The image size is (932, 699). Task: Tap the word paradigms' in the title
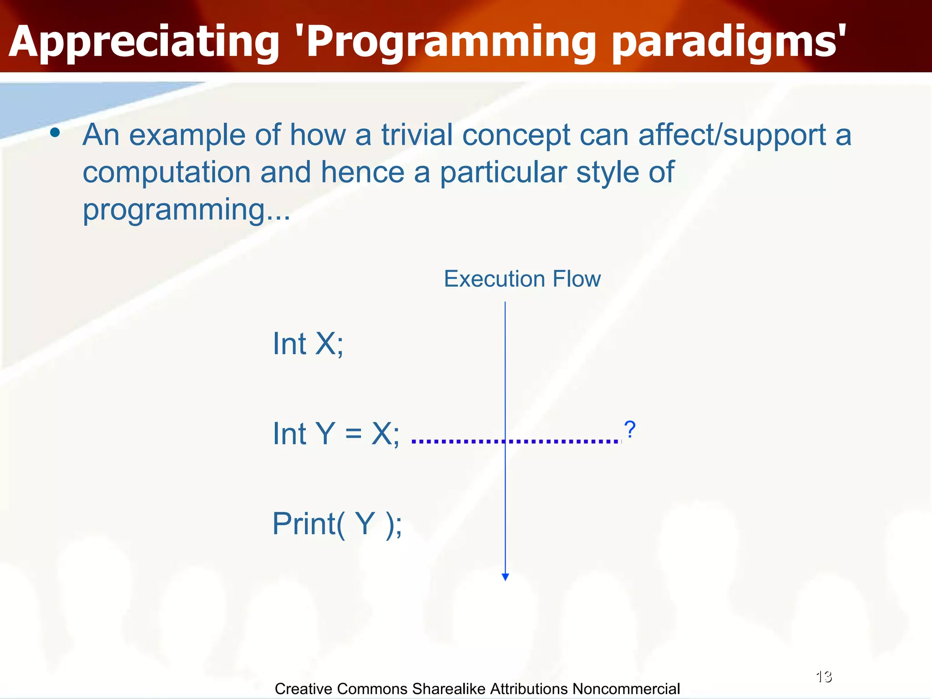[728, 42]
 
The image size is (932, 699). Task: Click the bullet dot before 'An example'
[55, 133]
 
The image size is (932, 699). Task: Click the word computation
[167, 173]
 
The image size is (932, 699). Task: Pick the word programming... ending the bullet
[186, 210]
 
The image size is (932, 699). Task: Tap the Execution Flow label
[522, 279]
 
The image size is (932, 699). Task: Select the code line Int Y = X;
[336, 433]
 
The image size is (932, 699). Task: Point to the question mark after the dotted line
[630, 430]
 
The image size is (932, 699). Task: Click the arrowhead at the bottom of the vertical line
[505, 577]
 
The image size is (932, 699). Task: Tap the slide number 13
[824, 677]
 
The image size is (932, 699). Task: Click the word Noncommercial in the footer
[626, 689]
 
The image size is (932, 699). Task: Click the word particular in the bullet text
[503, 173]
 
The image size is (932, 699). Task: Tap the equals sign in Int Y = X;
[353, 433]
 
